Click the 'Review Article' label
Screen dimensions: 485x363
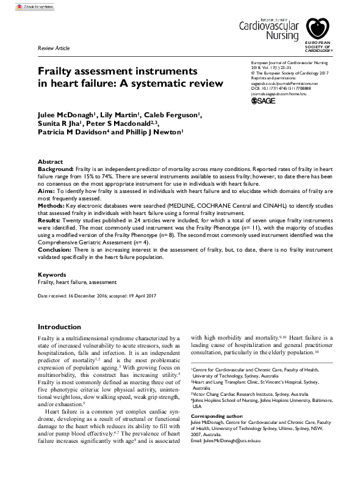[54, 48]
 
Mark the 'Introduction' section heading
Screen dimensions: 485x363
[59, 327]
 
